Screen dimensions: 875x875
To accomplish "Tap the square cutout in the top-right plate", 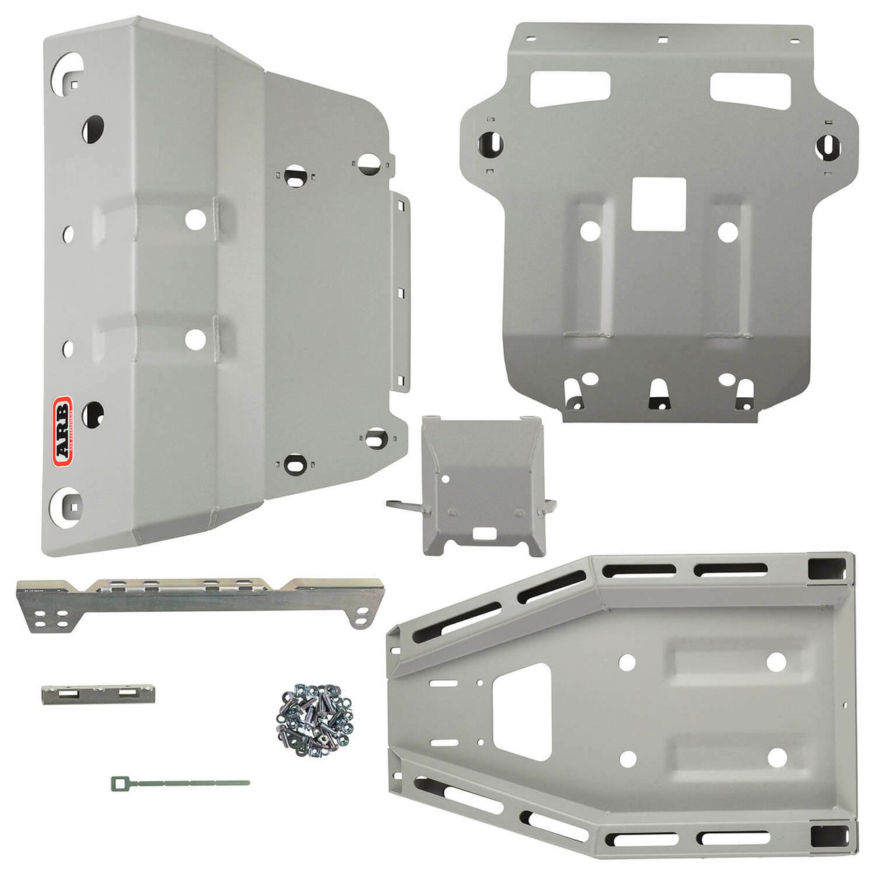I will [x=657, y=205].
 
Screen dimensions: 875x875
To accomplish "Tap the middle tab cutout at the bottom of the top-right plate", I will [x=658, y=394].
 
